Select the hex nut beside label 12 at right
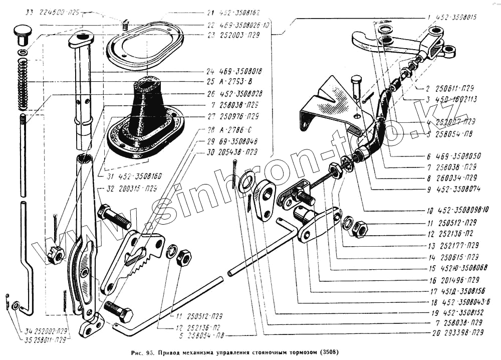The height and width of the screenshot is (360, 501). point(360,229)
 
